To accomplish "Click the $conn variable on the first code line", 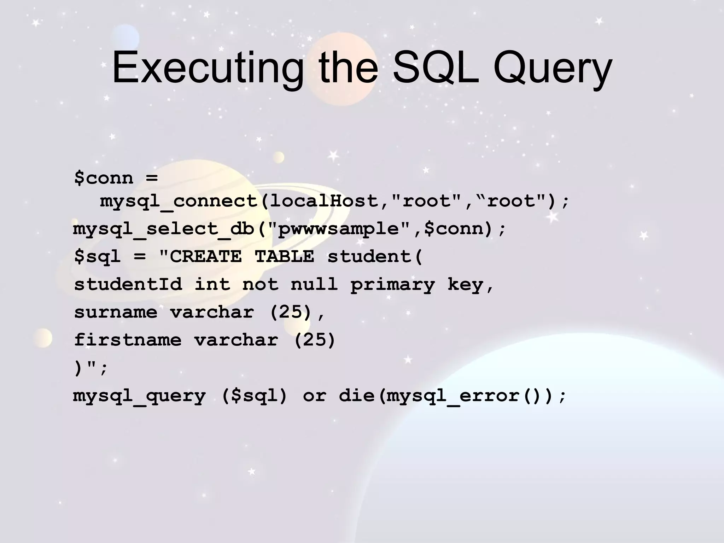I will pyautogui.click(x=104, y=177).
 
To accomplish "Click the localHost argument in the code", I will pyautogui.click(x=323, y=201).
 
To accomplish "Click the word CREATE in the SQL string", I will pyautogui.click(x=206, y=256).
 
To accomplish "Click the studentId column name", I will pyautogui.click(x=128, y=284).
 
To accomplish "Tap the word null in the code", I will pyautogui.click(x=314, y=284).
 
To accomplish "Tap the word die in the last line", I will pyautogui.click(x=356, y=396).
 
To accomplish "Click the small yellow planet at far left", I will pyautogui.click(x=43, y=338).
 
